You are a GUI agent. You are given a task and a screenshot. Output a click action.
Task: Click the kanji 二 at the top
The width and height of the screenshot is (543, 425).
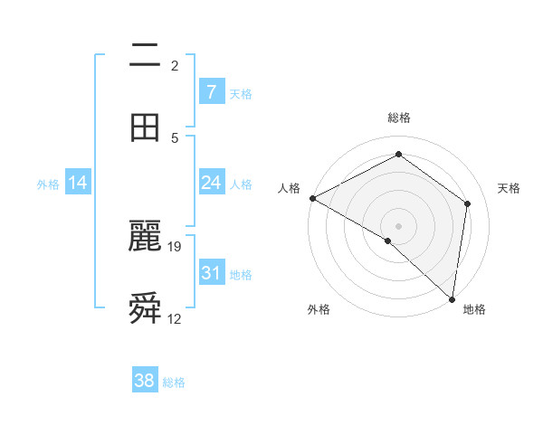[145, 56]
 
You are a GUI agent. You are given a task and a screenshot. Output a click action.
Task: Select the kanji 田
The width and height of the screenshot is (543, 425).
[145, 127]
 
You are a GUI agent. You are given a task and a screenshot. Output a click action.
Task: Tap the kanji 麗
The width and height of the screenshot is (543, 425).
[145, 237]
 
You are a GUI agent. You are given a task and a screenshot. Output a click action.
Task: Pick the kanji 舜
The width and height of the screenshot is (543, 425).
[145, 308]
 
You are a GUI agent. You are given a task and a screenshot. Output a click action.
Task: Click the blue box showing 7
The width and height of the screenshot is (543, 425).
[211, 92]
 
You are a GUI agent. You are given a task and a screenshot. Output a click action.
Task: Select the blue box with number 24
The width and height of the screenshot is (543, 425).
[211, 183]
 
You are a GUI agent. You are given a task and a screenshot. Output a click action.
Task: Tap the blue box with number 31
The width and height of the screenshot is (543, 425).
[211, 272]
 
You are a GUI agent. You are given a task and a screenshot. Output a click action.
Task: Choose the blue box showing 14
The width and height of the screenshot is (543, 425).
[78, 183]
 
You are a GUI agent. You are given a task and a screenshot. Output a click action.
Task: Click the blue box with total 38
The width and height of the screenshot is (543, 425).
[145, 381]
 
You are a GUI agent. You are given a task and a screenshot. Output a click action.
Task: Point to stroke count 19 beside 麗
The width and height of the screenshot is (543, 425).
[176, 246]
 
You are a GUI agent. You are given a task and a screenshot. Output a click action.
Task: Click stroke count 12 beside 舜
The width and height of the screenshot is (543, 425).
[175, 318]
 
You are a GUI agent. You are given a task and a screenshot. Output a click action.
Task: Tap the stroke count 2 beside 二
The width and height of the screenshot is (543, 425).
[175, 65]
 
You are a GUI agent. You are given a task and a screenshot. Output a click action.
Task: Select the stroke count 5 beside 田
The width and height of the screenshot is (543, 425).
[175, 137]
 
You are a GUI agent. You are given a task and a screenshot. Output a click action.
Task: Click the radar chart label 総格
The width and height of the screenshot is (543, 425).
[399, 118]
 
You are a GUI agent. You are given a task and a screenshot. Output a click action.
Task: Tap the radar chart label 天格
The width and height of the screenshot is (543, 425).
[510, 188]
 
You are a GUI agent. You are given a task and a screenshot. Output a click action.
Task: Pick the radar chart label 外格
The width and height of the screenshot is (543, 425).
[319, 309]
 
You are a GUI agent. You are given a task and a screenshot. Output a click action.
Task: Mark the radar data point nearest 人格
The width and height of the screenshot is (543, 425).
[312, 198]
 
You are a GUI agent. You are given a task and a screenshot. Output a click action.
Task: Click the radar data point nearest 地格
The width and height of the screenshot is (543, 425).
[452, 298]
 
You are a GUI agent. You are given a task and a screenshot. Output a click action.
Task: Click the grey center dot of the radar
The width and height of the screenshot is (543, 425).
[398, 225]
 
